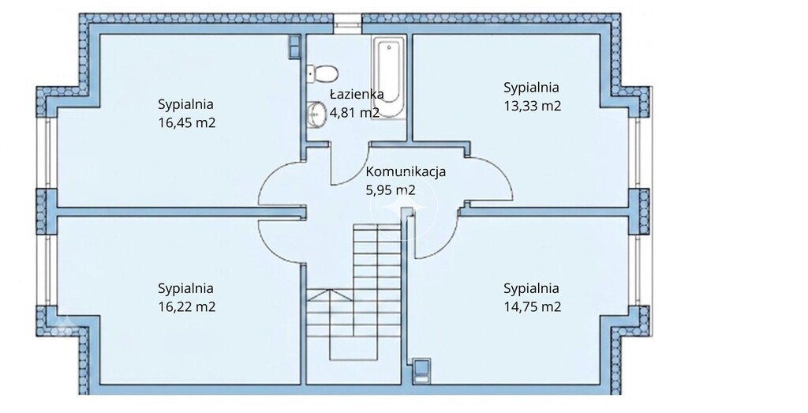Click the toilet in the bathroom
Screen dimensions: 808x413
(x=322, y=73)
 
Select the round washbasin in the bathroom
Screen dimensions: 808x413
(x=316, y=114)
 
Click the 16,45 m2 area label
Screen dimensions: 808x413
(x=186, y=124)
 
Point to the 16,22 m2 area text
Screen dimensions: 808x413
(x=186, y=307)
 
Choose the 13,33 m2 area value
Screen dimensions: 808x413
(x=533, y=107)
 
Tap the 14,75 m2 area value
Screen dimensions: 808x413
(x=533, y=307)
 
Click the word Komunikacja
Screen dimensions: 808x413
(x=406, y=171)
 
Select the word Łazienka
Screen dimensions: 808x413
(x=357, y=93)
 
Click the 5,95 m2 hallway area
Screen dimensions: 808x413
(x=390, y=190)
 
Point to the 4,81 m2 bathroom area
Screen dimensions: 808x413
(x=355, y=112)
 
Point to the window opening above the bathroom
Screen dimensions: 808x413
(x=347, y=20)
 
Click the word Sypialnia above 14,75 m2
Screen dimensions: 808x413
(x=531, y=288)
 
